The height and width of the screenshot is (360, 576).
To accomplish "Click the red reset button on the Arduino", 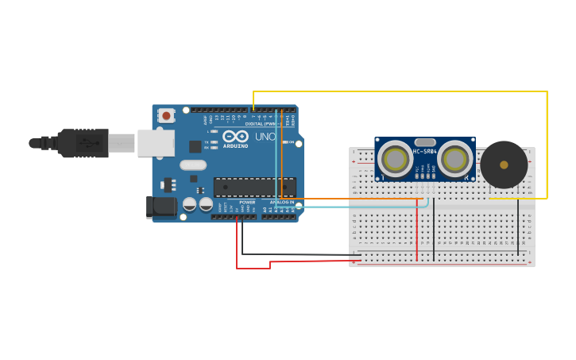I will pos(166,115).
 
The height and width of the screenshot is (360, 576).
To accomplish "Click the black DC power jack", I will pos(161,207).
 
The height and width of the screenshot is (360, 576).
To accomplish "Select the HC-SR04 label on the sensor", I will pos(424,151).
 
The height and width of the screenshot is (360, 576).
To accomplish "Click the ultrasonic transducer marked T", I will pos(395,159).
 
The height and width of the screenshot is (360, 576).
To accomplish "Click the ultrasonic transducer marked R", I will pos(454,159).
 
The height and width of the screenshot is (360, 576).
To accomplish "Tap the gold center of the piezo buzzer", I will pos(504,165).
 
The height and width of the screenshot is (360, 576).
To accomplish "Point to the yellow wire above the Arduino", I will pos(397,91).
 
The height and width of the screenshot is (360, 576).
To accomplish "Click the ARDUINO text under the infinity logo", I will pos(235,146).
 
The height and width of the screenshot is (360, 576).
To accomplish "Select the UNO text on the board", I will pos(265,137).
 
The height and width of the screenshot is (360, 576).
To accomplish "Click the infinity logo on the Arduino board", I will pos(235,137).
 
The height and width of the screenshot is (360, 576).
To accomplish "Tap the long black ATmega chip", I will pos(254,187).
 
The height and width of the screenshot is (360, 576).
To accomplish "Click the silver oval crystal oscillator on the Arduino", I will pos(193,165).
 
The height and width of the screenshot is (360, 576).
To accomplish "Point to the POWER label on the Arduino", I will pos(247,203).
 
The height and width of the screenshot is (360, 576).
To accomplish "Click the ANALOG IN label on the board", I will pos(280,203).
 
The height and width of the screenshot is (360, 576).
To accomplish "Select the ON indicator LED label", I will pos(291,142).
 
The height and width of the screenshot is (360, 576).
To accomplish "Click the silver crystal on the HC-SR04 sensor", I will pos(425,142).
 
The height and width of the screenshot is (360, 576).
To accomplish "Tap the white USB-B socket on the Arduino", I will pos(156,143).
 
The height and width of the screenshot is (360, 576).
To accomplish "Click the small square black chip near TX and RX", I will pos(195,146).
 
